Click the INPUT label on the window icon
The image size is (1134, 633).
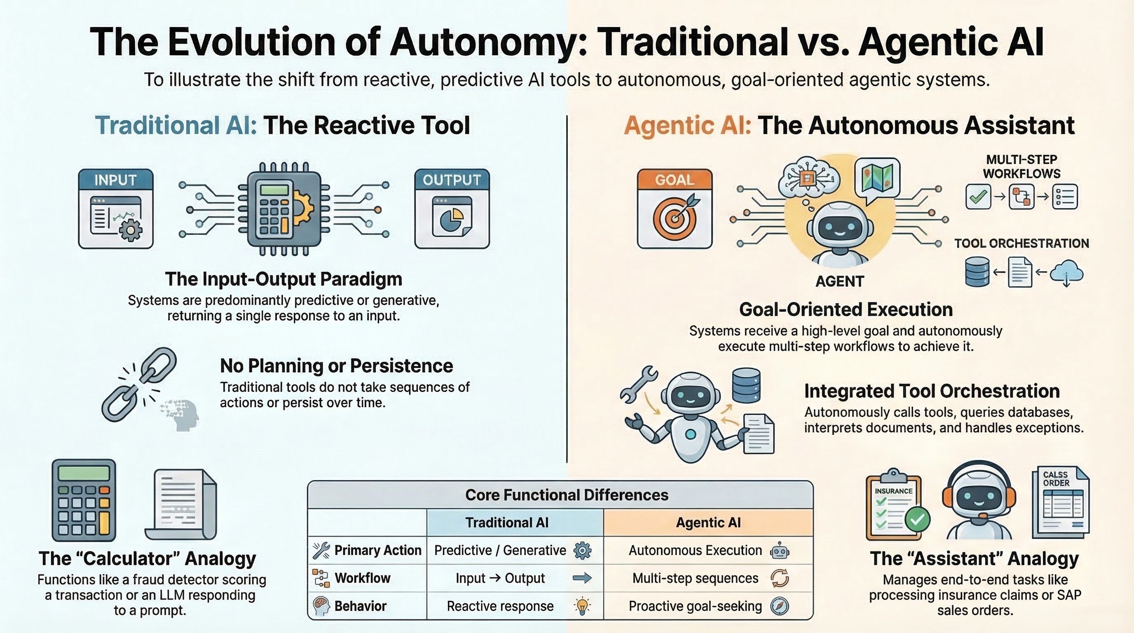tap(115, 180)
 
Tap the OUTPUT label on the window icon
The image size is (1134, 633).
tap(452, 180)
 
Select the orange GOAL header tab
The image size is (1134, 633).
tap(675, 180)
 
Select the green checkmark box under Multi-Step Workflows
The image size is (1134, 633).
tap(978, 196)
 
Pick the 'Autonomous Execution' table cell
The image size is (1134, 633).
tap(708, 550)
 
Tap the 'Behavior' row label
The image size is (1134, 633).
tap(360, 606)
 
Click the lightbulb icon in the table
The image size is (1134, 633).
tap(582, 606)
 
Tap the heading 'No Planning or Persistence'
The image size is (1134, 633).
tap(336, 366)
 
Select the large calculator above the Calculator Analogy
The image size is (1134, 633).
tap(84, 500)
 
